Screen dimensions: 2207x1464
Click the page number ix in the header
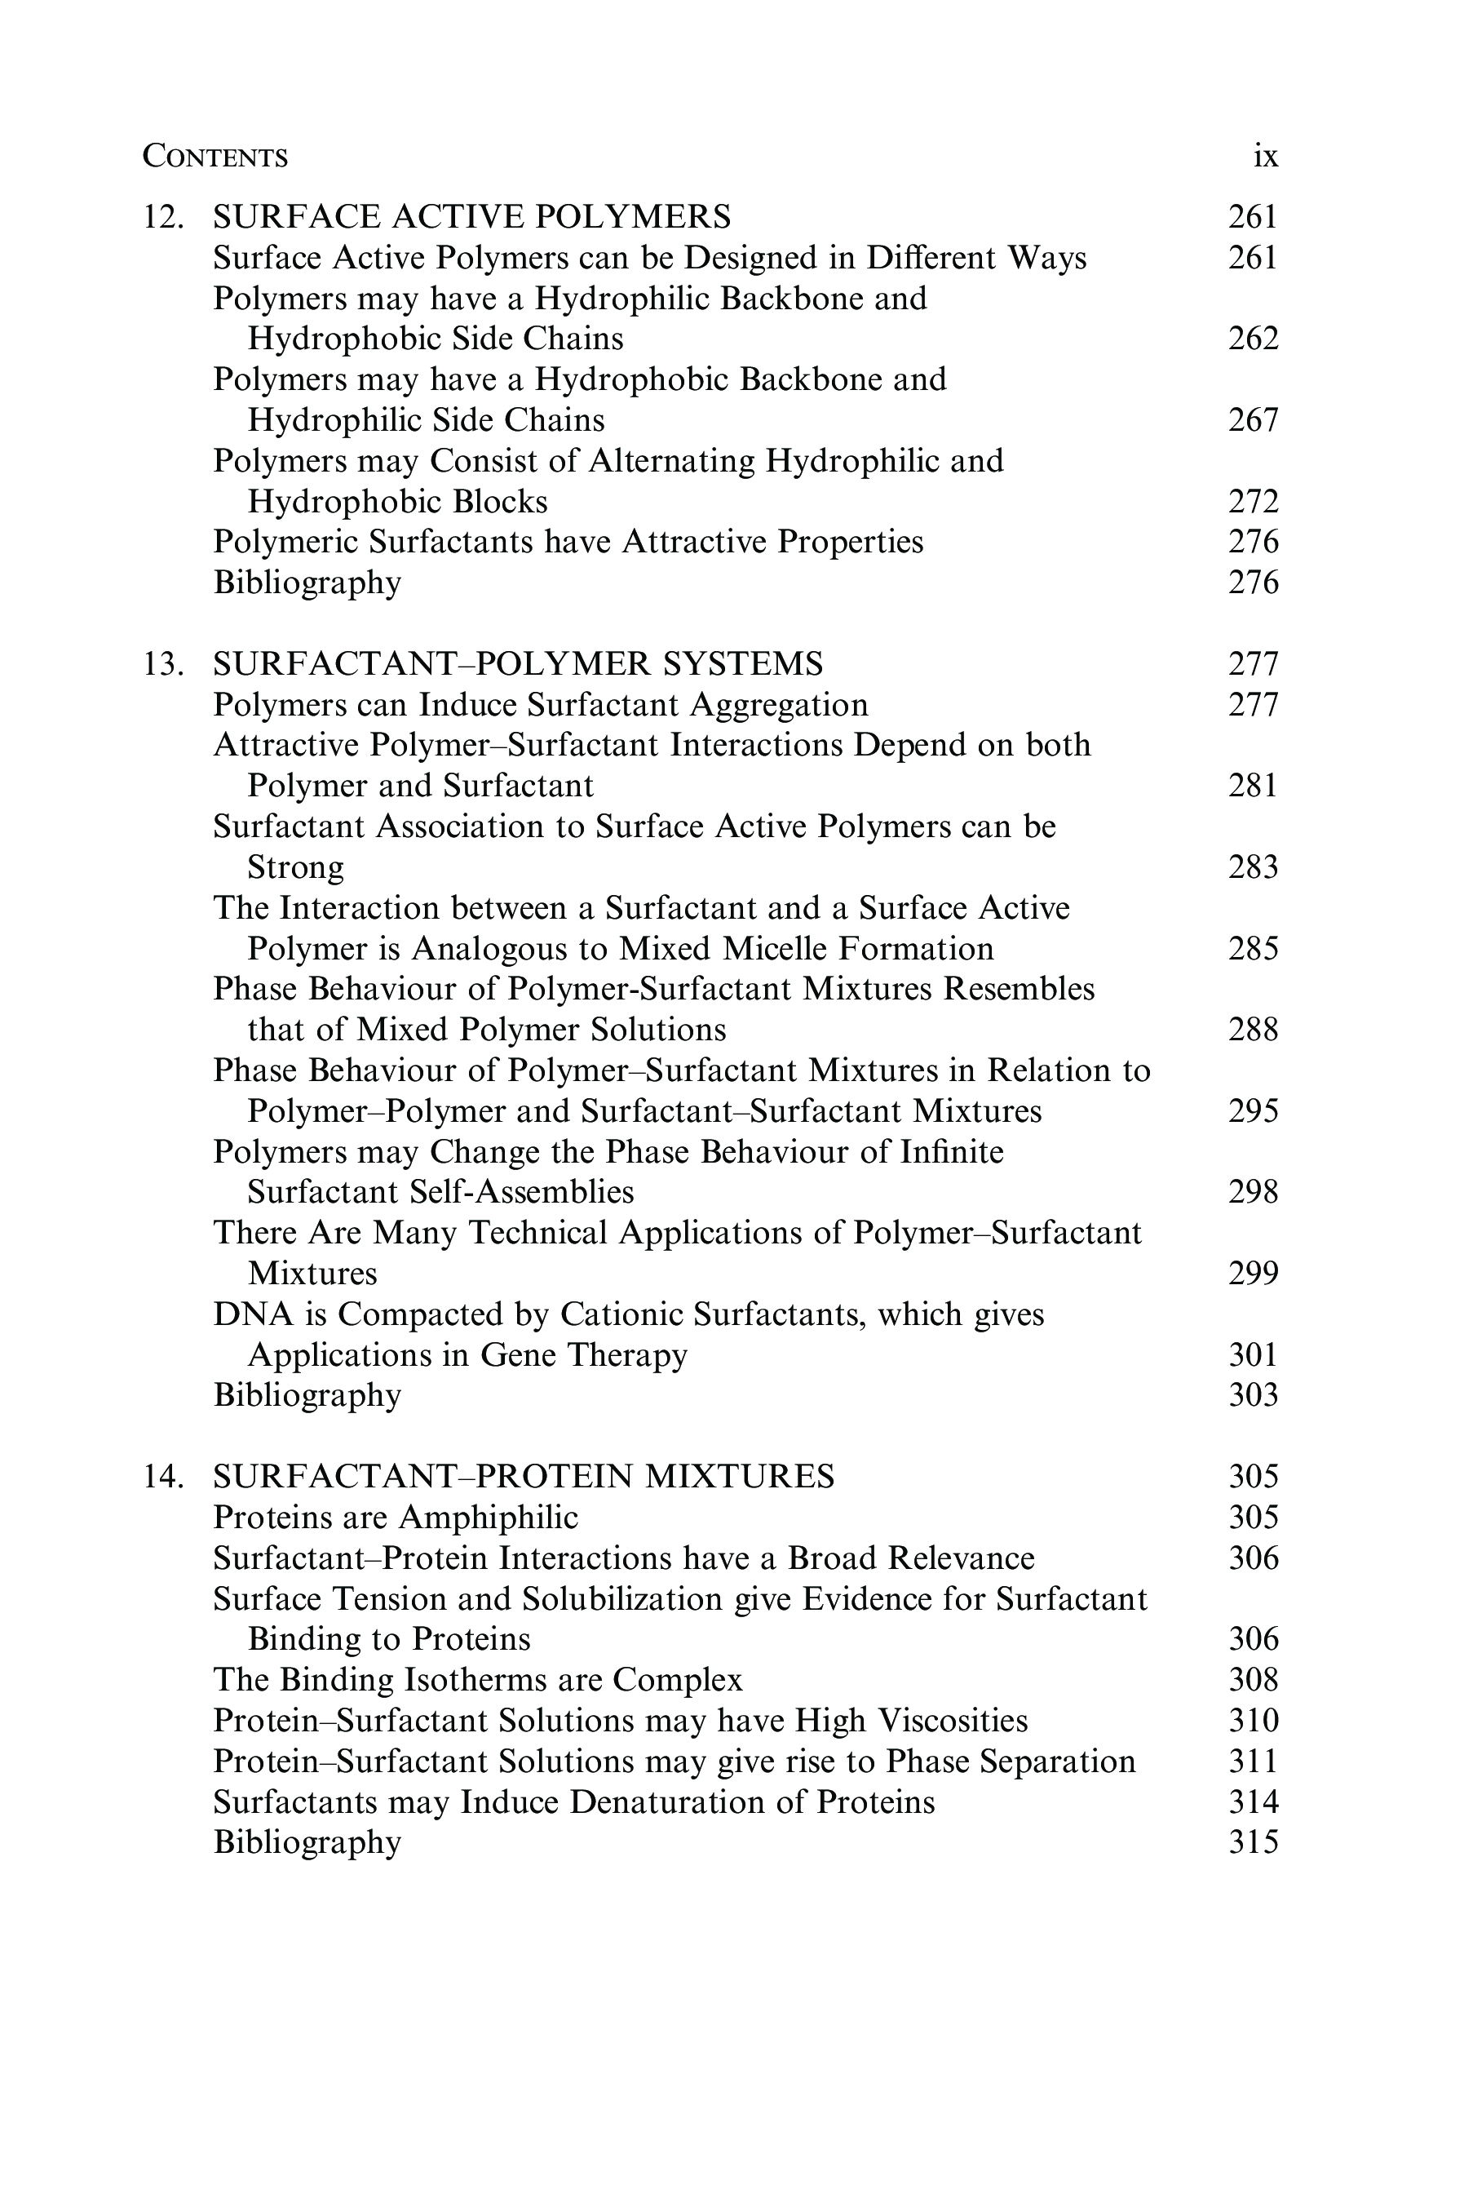coord(1264,156)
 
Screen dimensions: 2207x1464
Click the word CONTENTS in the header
coord(215,156)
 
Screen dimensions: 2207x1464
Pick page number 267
coord(1252,420)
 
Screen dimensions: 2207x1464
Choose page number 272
coord(1252,502)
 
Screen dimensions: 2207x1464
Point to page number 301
coord(1252,1354)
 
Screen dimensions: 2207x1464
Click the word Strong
coord(295,867)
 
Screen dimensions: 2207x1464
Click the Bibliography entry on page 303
coord(307,1395)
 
